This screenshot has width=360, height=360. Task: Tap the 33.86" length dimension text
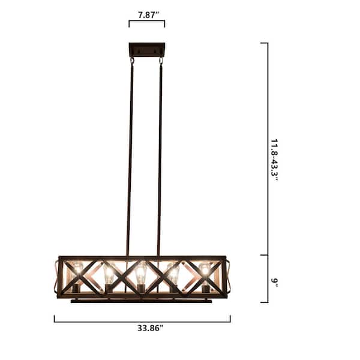point(142,328)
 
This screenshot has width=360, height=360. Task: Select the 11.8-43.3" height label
point(275,160)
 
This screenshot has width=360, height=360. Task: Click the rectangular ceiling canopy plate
point(147,49)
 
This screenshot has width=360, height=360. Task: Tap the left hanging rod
point(130,156)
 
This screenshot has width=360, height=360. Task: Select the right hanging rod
point(160,156)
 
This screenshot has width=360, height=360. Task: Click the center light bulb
point(140,274)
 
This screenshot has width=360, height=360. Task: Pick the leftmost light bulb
point(76,271)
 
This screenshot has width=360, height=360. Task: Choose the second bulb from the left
point(109,274)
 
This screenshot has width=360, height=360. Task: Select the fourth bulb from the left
point(173,274)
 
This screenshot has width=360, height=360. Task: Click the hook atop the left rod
point(132,60)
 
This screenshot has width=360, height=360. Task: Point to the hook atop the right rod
point(161,60)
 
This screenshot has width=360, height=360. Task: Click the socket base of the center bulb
point(140,289)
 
